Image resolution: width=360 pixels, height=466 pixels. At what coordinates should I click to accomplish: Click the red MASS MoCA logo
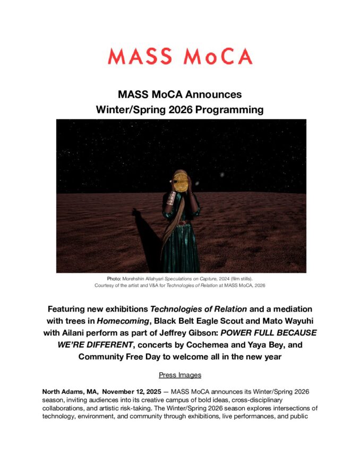(180, 56)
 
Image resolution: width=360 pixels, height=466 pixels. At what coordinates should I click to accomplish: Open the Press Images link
(180, 375)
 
